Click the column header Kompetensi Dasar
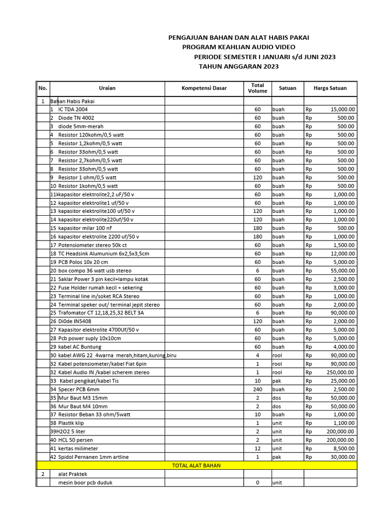(x=204, y=88)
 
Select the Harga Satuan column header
(x=330, y=88)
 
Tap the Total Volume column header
(x=258, y=88)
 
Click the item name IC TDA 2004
(x=73, y=109)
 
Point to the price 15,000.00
(x=343, y=109)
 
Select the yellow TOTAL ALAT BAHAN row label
(x=196, y=466)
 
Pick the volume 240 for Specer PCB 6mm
(x=258, y=389)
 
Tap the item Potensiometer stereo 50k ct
(x=93, y=245)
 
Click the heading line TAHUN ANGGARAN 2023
(x=239, y=66)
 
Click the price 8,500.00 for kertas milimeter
(x=344, y=448)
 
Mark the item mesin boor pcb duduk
(x=85, y=483)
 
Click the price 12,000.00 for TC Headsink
(x=342, y=254)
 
